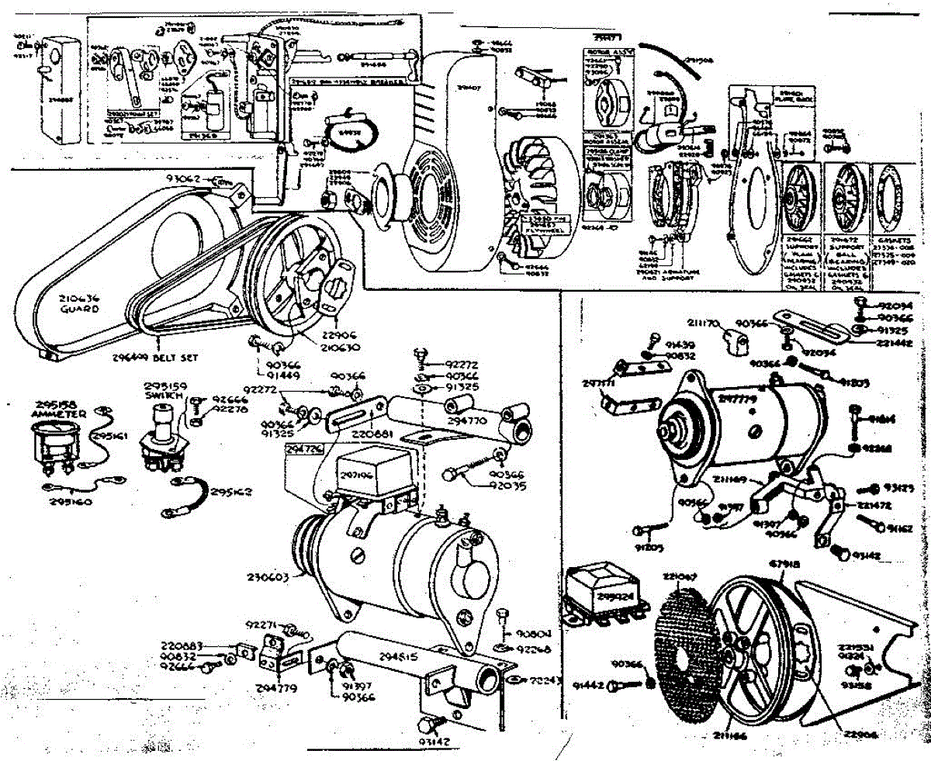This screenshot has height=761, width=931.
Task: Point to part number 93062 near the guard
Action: (184, 178)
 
